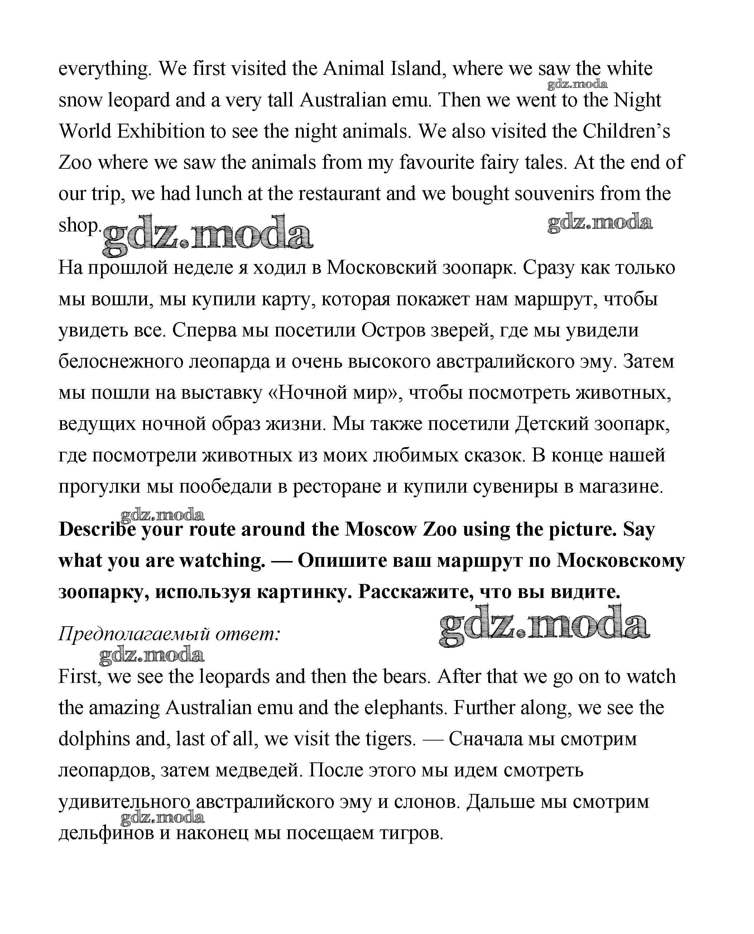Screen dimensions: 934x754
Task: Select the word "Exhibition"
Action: coord(161,131)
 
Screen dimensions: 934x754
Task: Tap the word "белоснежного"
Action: coord(121,361)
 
